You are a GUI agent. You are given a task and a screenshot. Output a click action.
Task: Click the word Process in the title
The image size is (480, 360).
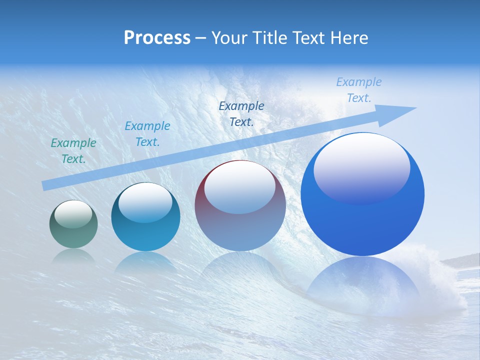tap(157, 38)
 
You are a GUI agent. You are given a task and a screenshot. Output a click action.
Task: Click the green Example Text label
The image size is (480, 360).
tap(73, 151)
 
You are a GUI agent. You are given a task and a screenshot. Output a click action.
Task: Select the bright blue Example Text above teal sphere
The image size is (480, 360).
tap(147, 134)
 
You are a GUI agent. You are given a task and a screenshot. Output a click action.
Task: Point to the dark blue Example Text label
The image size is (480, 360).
tap(241, 113)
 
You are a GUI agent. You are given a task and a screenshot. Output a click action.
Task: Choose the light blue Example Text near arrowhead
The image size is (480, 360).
tap(359, 90)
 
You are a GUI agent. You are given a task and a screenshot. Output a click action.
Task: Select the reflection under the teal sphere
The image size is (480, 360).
tap(145, 262)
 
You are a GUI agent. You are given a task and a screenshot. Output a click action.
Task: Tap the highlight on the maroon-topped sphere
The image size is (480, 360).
tap(239, 191)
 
